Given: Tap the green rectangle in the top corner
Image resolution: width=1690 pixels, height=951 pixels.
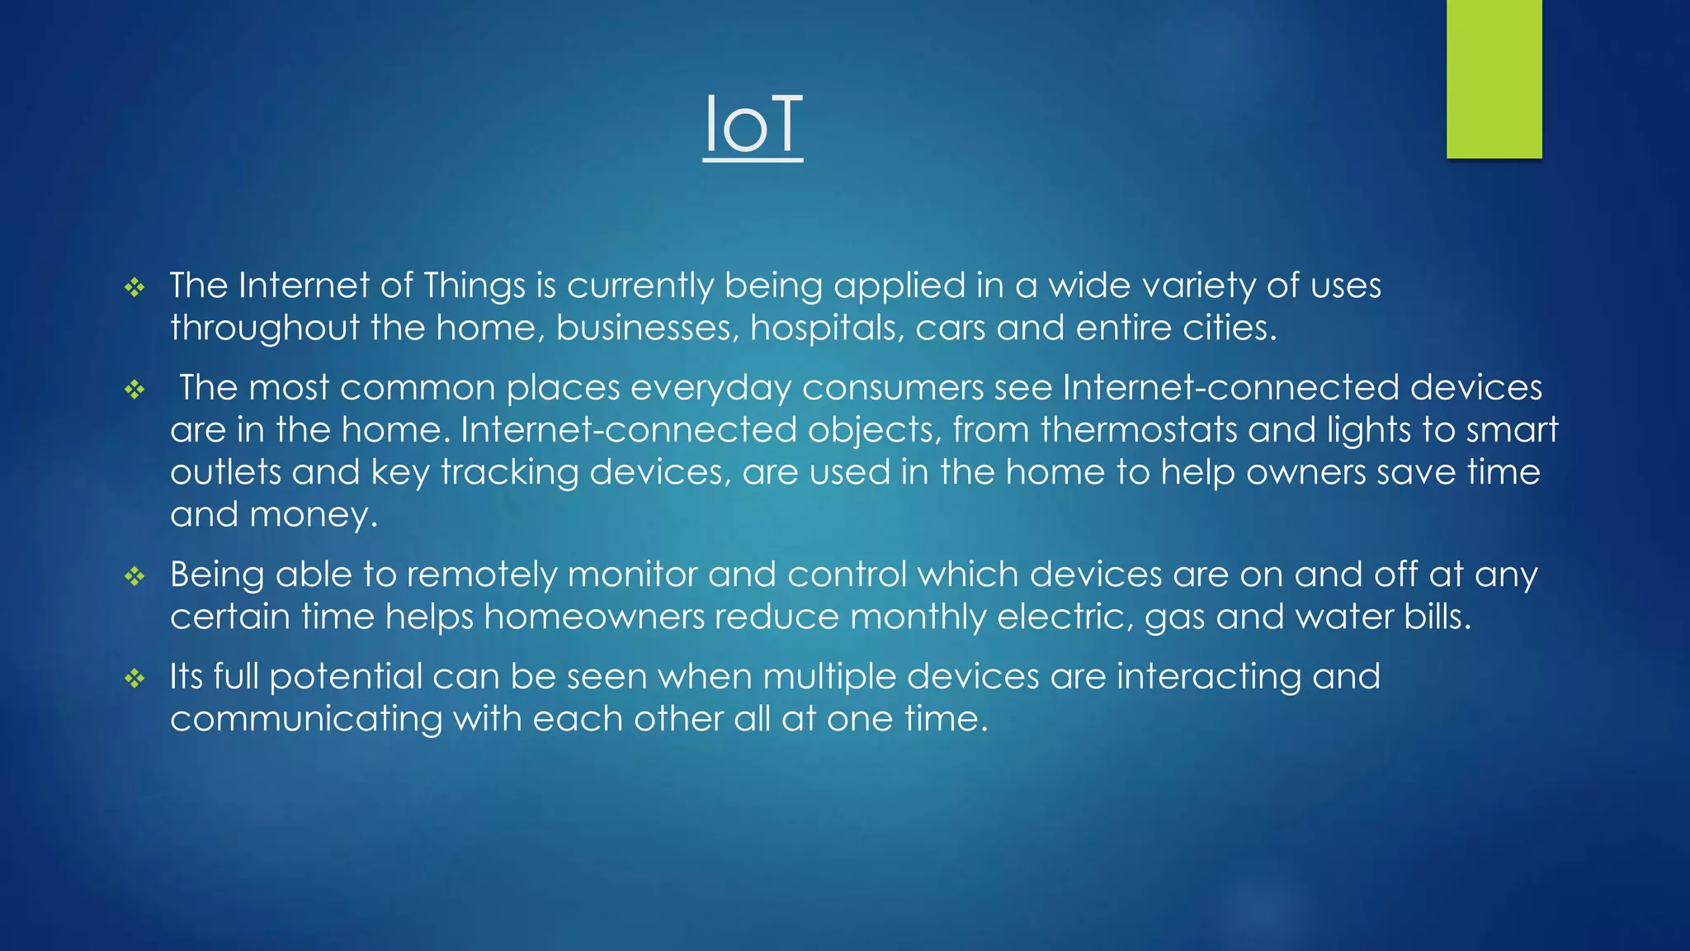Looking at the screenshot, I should [x=1494, y=78].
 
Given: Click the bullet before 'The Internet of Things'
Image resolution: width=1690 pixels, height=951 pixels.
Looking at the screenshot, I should [x=135, y=288].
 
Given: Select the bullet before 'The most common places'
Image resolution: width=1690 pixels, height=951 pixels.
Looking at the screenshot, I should [x=135, y=390].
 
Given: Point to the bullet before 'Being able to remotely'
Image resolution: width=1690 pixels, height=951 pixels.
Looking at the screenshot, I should [x=135, y=576].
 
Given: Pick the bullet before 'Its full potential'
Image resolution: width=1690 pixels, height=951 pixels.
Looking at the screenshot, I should [x=135, y=679].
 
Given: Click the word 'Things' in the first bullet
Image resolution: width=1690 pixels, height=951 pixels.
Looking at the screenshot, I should [x=474, y=286].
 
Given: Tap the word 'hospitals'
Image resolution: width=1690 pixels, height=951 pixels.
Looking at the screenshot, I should [x=826, y=329].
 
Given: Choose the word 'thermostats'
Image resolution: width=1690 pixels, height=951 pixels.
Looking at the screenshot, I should [x=1139, y=430].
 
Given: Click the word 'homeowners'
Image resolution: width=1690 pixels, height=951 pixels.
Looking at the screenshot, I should [x=594, y=617].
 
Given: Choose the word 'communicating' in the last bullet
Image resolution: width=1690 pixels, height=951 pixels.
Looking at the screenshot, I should [x=306, y=719].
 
